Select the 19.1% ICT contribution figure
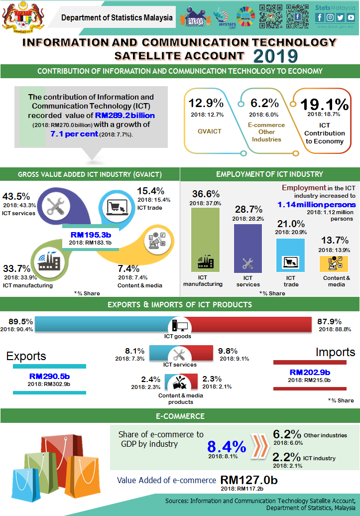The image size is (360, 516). [x=324, y=104]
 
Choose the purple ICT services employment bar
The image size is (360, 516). [x=247, y=248]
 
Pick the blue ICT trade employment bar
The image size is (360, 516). [x=290, y=256]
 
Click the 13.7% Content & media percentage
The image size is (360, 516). [x=334, y=240]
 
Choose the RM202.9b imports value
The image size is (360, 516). [x=310, y=372]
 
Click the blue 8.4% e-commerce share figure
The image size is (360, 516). [x=227, y=446]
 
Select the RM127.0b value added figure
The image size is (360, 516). [x=249, y=480]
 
